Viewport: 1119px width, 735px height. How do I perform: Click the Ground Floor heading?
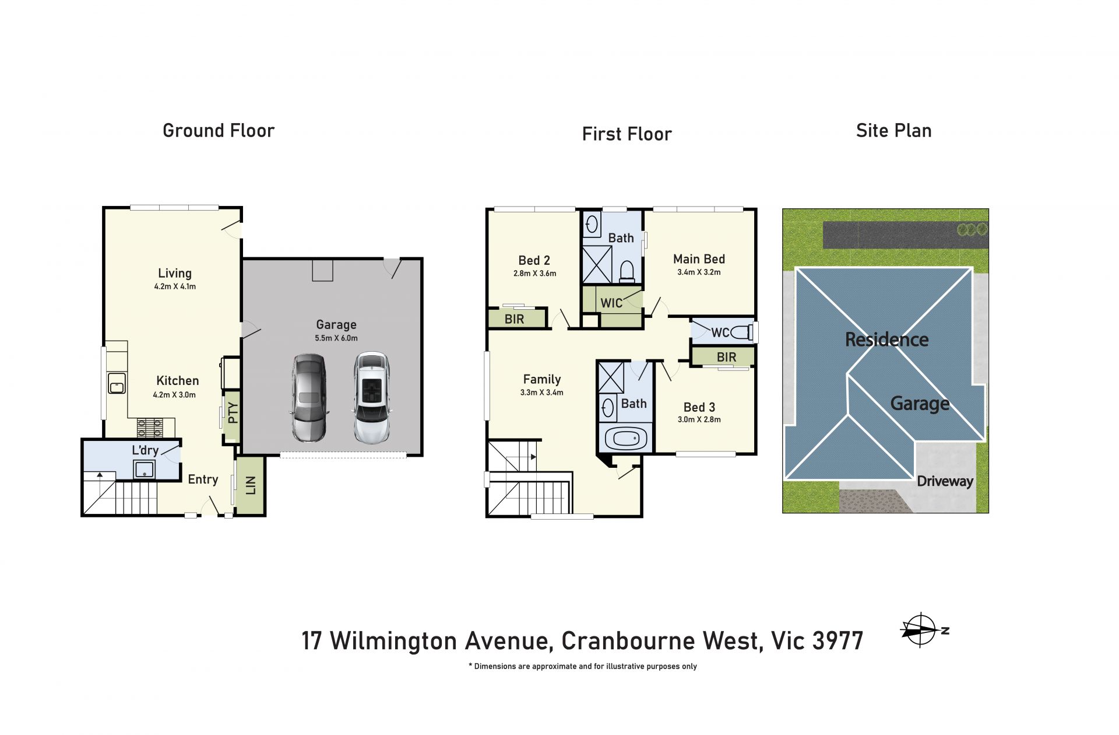[219, 131]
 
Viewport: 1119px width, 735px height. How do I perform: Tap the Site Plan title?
[893, 131]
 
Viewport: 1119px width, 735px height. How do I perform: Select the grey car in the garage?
[309, 398]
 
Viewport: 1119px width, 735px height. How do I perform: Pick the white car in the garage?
[372, 398]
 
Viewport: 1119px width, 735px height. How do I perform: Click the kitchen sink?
[117, 384]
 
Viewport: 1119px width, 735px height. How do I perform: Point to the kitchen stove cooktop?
[150, 428]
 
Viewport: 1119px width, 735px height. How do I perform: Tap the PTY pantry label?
[233, 413]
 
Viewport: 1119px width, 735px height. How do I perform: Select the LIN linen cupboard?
[251, 485]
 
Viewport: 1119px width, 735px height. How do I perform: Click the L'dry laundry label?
[145, 450]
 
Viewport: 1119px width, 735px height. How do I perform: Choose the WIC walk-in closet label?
[611, 303]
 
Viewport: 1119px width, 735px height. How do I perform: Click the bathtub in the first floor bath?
[626, 438]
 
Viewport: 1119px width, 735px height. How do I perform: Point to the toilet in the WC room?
[741, 332]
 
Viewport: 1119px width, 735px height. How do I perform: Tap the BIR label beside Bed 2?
[514, 319]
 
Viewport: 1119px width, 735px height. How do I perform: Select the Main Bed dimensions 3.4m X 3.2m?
[699, 272]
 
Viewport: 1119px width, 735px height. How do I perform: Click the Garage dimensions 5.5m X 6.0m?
[336, 338]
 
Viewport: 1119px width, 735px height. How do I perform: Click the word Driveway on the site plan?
[945, 481]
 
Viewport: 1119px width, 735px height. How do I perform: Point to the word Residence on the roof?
[886, 339]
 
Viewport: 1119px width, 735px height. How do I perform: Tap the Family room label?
[542, 379]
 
